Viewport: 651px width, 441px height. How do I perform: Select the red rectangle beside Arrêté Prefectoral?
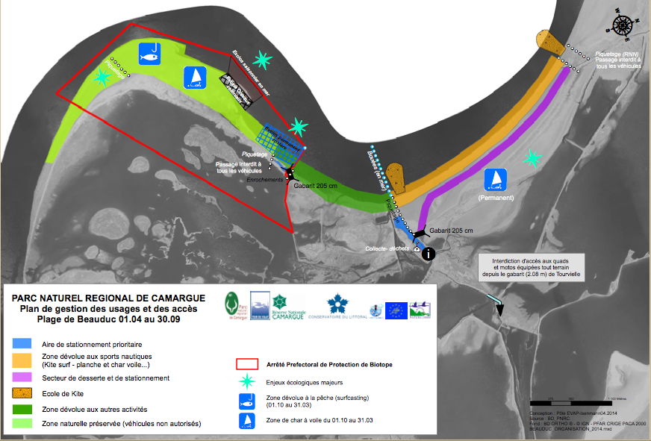246,365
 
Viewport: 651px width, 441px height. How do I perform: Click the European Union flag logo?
396,309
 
